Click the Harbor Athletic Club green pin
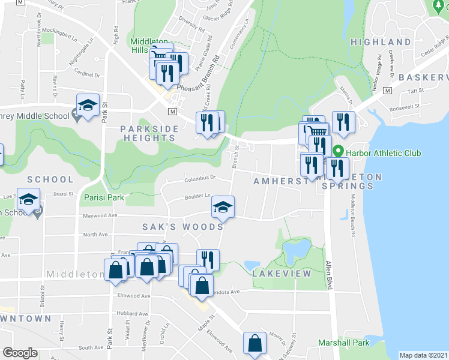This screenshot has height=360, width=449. [338, 152]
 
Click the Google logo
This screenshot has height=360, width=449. [20, 353]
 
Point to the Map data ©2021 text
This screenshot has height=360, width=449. [424, 355]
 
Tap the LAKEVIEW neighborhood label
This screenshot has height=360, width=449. [282, 273]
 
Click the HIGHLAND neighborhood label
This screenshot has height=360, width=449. [397, 42]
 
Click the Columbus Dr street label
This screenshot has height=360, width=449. [200, 178]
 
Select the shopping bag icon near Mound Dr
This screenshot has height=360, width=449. [255, 344]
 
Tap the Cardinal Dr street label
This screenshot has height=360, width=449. [87, 75]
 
